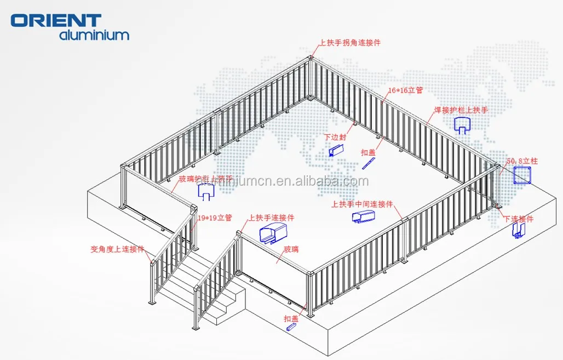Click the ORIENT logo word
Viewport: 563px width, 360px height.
click(x=56, y=20)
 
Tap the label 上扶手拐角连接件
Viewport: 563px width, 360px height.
click(x=351, y=43)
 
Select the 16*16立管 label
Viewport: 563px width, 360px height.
click(x=405, y=89)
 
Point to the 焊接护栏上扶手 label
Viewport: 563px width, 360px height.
click(x=461, y=110)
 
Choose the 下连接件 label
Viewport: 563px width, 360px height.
click(x=519, y=219)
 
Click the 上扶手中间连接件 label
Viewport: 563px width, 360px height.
click(x=363, y=204)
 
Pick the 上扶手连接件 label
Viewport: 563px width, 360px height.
click(x=272, y=218)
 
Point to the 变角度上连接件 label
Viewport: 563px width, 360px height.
click(x=117, y=248)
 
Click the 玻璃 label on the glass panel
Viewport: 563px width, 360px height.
click(x=291, y=249)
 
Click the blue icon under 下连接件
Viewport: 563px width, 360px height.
click(x=518, y=231)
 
